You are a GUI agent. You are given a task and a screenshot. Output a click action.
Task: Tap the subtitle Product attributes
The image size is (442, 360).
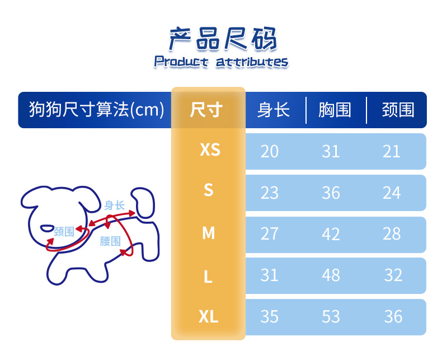point(221,62)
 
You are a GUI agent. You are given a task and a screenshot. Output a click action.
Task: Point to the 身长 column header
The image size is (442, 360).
point(274,110)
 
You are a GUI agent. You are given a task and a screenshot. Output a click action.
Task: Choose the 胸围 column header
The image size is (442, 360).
point(335,110)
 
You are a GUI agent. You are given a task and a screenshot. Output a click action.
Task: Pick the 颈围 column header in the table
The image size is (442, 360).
point(398,110)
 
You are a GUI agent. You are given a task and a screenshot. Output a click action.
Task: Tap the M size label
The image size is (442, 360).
point(208,233)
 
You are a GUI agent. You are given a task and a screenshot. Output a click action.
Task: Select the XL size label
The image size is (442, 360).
point(208,317)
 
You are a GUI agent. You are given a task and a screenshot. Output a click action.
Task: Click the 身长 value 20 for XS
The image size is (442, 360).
point(270,152)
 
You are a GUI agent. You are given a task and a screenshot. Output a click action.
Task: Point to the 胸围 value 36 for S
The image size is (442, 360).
point(331,193)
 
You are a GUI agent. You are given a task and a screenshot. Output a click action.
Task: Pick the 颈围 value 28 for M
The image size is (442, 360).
point(392,233)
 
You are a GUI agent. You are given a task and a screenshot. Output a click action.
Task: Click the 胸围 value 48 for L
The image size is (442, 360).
point(331,275)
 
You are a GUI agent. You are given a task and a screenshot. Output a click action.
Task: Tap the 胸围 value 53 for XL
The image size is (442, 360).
point(331,316)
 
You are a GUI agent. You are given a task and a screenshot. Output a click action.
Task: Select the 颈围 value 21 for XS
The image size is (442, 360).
point(392,152)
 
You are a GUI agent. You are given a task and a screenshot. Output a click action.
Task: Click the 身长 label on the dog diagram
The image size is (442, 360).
point(114,205)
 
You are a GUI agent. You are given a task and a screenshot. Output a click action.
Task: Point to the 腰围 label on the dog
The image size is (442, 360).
point(110,241)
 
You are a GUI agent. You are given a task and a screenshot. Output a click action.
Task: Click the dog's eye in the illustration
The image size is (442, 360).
point(48,228)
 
